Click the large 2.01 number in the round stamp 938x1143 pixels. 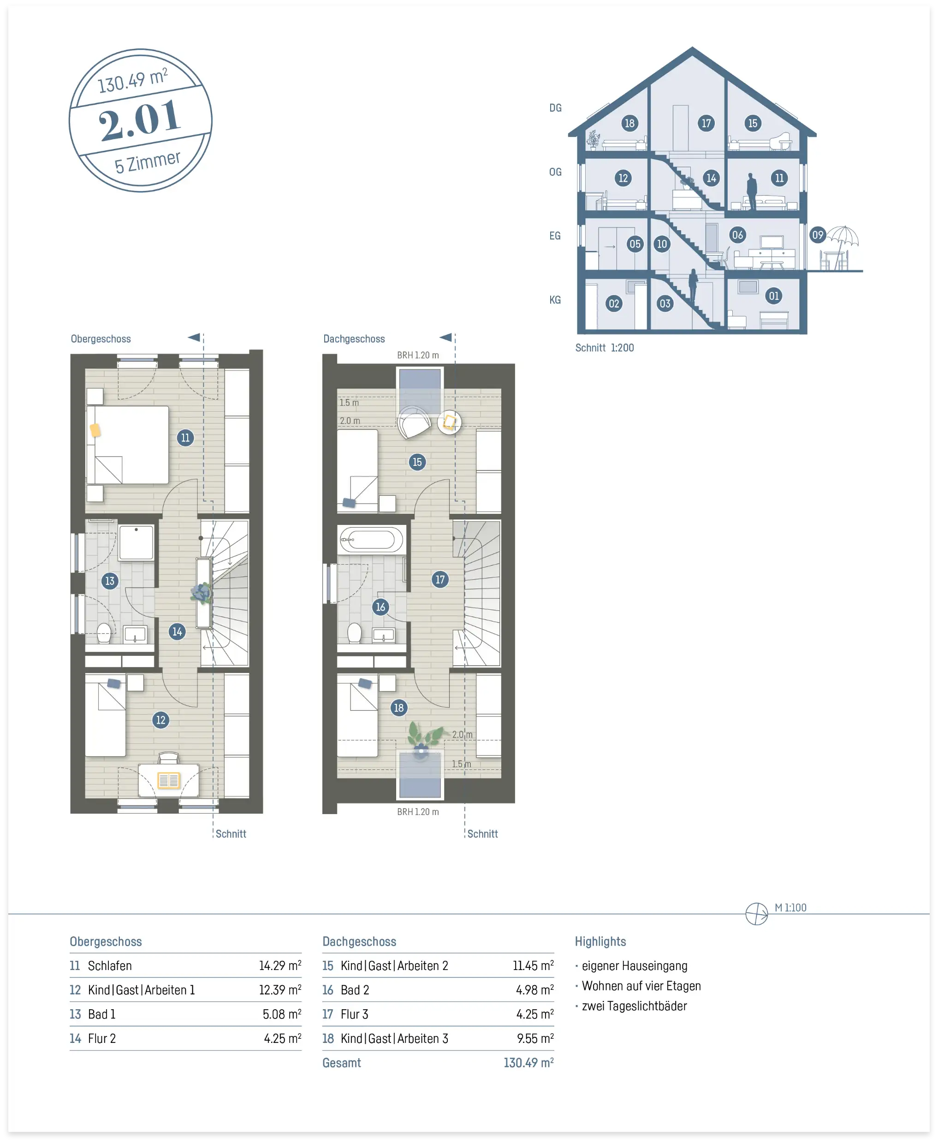[x=139, y=119]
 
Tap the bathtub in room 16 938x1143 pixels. [x=371, y=539]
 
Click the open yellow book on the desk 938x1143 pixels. [x=169, y=780]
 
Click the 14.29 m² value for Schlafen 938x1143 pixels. [x=280, y=965]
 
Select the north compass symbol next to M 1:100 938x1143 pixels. [x=756, y=913]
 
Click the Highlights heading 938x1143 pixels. [x=600, y=941]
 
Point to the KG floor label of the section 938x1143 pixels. [x=555, y=299]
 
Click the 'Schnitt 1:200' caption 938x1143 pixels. [x=605, y=347]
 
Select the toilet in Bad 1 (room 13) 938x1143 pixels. [x=104, y=633]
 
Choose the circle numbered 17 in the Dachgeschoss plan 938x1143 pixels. [x=440, y=579]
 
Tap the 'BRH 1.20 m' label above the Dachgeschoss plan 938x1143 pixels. [x=418, y=355]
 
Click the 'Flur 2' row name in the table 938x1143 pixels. [x=102, y=1038]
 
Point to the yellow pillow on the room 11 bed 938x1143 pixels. [x=95, y=430]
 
